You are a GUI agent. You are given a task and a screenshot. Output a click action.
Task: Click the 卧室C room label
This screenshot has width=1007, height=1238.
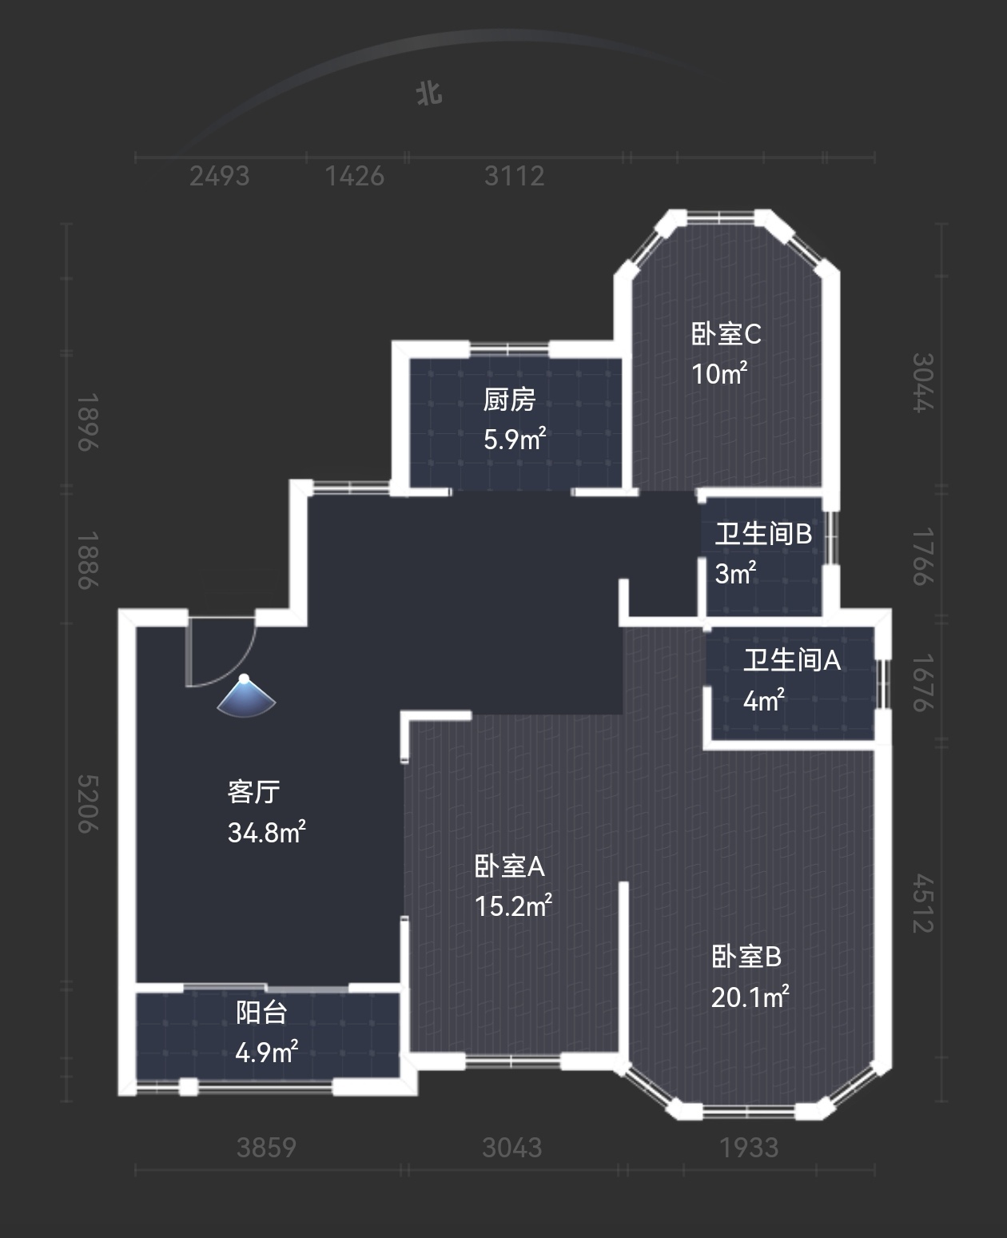pyautogui.click(x=726, y=334)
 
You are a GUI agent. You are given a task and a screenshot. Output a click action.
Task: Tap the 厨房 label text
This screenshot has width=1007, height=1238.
pyautogui.click(x=509, y=400)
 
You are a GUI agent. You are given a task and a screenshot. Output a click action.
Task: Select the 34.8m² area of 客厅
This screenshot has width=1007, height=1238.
pyautogui.click(x=266, y=832)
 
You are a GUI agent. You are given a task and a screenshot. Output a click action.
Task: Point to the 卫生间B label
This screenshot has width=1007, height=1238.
pyautogui.click(x=763, y=534)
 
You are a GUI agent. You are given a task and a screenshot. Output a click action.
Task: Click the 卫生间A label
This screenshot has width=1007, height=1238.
pyautogui.click(x=791, y=660)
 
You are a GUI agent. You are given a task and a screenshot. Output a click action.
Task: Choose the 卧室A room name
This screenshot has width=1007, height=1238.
pyautogui.click(x=509, y=866)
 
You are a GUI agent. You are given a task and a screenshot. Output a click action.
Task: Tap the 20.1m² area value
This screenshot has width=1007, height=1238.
pyautogui.click(x=750, y=997)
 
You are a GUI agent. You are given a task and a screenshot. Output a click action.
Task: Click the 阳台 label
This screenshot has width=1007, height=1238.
pyautogui.click(x=261, y=1013)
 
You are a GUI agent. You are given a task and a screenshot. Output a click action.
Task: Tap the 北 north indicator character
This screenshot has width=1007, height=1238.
pyautogui.click(x=429, y=94)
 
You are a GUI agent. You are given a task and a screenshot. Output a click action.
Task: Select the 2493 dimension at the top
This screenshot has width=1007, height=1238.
pyautogui.click(x=220, y=176)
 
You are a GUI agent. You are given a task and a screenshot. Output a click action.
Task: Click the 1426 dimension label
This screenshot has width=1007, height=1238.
pyautogui.click(x=355, y=176)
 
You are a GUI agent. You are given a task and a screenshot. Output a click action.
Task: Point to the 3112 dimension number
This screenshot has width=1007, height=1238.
pyautogui.click(x=514, y=176)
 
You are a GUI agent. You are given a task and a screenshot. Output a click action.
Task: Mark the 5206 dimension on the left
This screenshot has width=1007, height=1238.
pyautogui.click(x=88, y=804)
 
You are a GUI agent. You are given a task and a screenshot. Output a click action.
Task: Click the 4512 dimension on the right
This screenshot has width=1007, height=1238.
pyautogui.click(x=923, y=903)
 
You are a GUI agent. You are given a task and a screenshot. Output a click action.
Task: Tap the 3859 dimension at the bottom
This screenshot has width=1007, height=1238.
pyautogui.click(x=267, y=1148)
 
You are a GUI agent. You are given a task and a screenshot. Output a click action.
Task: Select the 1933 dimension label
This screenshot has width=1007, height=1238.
pyautogui.click(x=749, y=1148)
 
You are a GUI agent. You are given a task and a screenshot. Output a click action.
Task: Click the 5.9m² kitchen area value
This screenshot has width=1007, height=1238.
pyautogui.click(x=515, y=440)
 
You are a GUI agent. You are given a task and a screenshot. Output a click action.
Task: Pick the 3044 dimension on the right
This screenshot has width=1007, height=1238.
pyautogui.click(x=923, y=383)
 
